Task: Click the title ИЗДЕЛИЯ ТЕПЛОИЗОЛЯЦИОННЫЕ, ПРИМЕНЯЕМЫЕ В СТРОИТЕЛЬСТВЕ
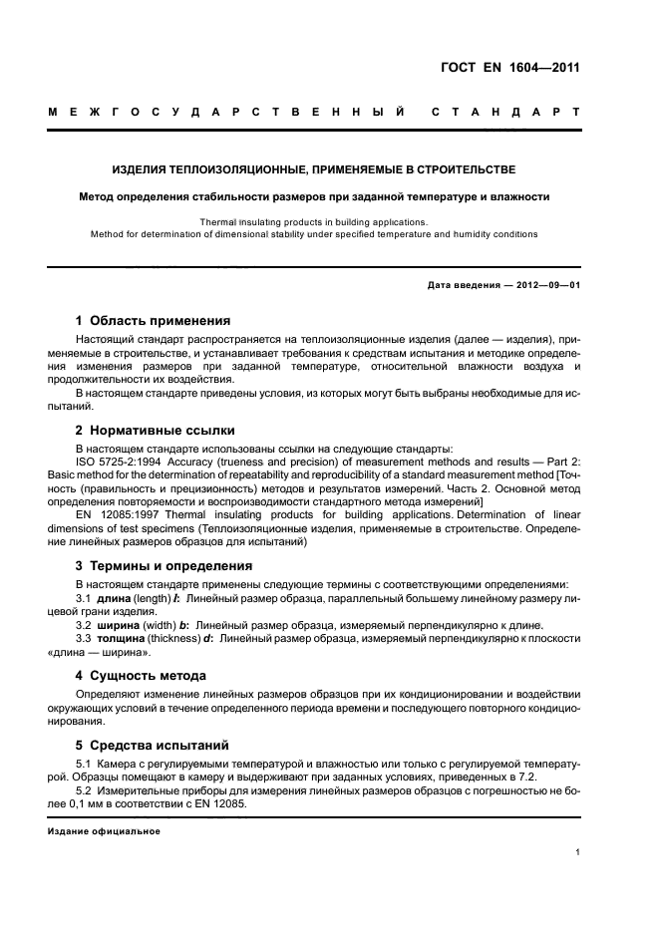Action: (314, 170)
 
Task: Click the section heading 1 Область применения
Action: (153, 321)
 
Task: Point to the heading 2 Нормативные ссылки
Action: (156, 430)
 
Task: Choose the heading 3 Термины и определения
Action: (165, 565)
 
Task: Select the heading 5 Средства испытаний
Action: (153, 744)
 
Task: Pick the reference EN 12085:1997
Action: (119, 516)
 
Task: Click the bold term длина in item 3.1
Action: (114, 597)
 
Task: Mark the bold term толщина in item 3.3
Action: (121, 637)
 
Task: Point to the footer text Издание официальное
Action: (104, 831)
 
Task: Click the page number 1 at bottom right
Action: (577, 852)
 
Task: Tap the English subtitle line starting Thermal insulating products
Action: (313, 222)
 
